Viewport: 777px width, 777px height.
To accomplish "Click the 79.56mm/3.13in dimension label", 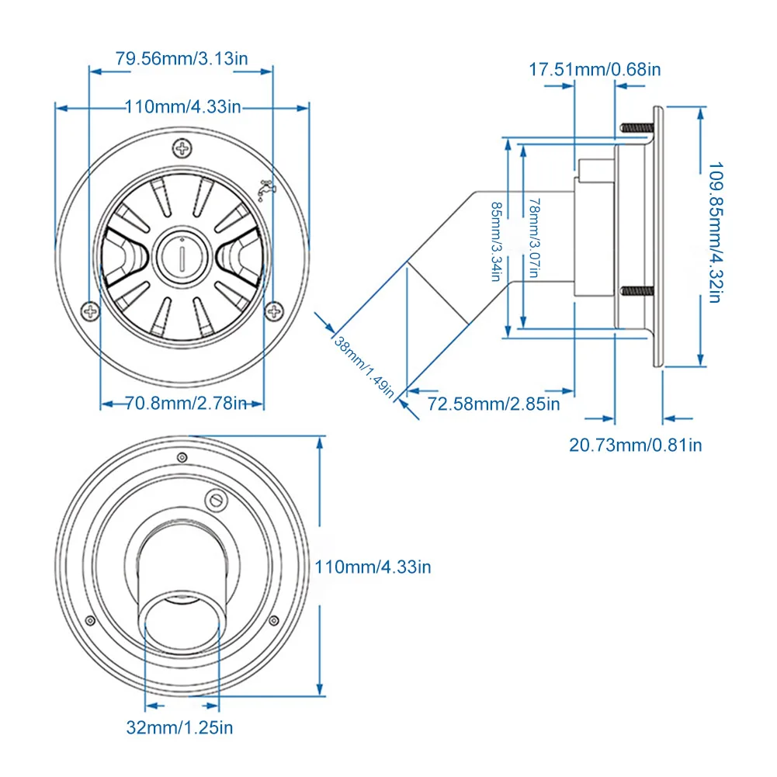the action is click(x=182, y=58).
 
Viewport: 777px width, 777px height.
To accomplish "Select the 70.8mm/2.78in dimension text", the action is click(x=186, y=404).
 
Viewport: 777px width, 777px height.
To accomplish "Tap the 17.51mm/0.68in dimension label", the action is click(x=595, y=69).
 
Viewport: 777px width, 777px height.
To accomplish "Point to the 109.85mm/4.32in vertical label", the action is click(x=715, y=232).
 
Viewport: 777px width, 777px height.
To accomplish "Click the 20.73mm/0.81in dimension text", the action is click(x=635, y=445).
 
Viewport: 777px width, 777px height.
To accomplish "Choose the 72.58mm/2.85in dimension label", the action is click(x=494, y=404).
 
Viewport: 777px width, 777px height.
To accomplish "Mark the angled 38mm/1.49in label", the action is click(x=365, y=367).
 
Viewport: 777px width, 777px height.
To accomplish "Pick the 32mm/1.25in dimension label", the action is click(x=179, y=727).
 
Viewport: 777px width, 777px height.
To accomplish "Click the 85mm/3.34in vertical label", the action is click(x=496, y=241).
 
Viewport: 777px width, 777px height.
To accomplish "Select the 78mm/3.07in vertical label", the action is click(x=535, y=238).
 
